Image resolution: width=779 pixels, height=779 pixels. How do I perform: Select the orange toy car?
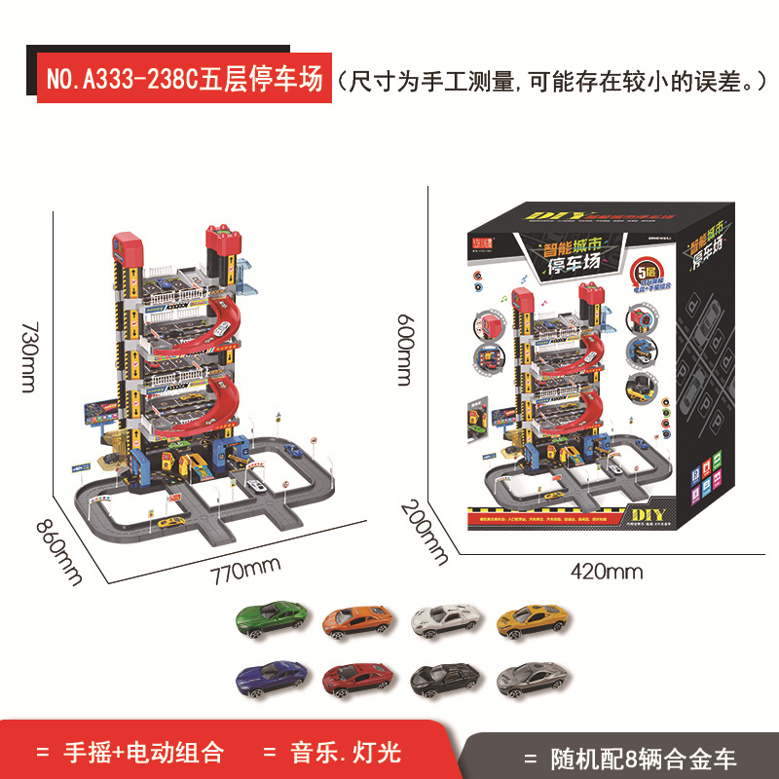pos(357,619)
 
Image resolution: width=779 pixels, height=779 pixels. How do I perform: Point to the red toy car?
pos(357,675)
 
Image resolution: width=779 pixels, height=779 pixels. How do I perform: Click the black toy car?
pos(444,675)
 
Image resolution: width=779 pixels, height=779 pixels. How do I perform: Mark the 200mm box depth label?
pos(427,534)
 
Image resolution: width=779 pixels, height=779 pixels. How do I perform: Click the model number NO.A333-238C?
pos(123,80)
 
